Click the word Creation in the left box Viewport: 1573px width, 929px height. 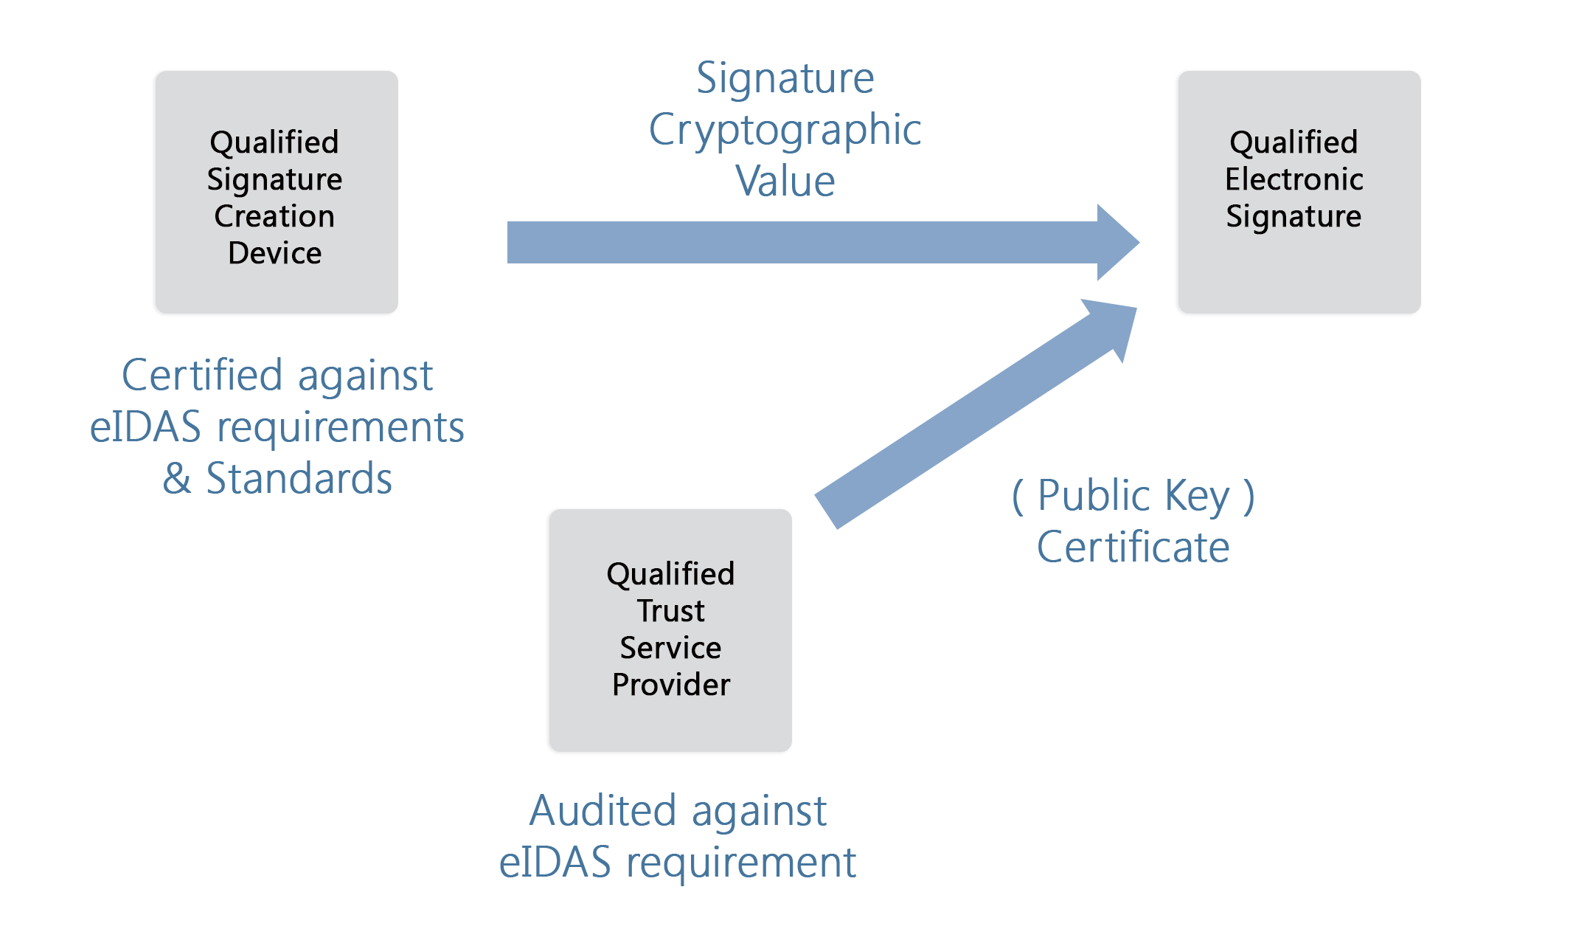coord(274,216)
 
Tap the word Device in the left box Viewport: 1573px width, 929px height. coord(274,253)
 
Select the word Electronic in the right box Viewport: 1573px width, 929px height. coord(1294,179)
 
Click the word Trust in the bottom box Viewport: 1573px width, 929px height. coord(671,611)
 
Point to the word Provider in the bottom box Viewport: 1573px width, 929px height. coord(671,685)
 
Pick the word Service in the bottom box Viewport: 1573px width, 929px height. coord(671,648)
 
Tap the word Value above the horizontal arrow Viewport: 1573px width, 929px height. coord(785,181)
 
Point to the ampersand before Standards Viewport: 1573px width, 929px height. coord(177,478)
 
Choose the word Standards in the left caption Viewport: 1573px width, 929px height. coord(299,478)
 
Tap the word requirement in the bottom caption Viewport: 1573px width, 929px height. coord(741,863)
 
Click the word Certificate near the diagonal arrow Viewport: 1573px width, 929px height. coord(1133,547)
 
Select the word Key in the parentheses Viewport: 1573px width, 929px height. coord(1198,497)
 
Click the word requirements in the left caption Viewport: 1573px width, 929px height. coord(341,427)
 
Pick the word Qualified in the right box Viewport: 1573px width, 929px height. coord(1294,142)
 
